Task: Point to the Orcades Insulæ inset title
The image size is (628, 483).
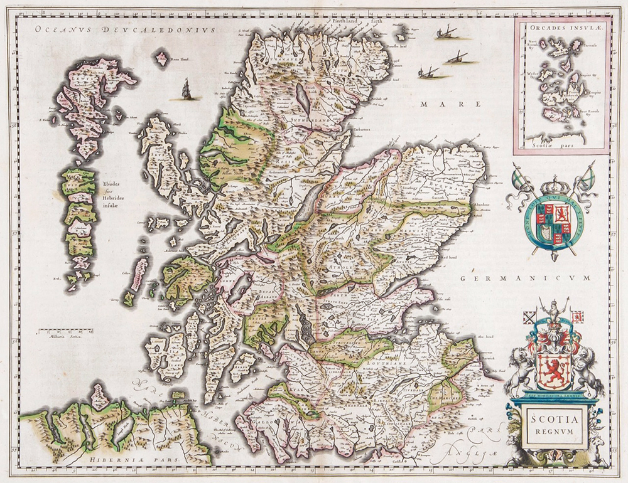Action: tap(560, 27)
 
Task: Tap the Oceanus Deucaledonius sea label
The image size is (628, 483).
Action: tap(125, 29)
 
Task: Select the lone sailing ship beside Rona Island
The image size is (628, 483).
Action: tap(186, 91)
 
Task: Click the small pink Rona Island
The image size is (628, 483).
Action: tap(161, 60)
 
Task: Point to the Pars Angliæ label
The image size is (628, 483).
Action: tap(474, 442)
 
